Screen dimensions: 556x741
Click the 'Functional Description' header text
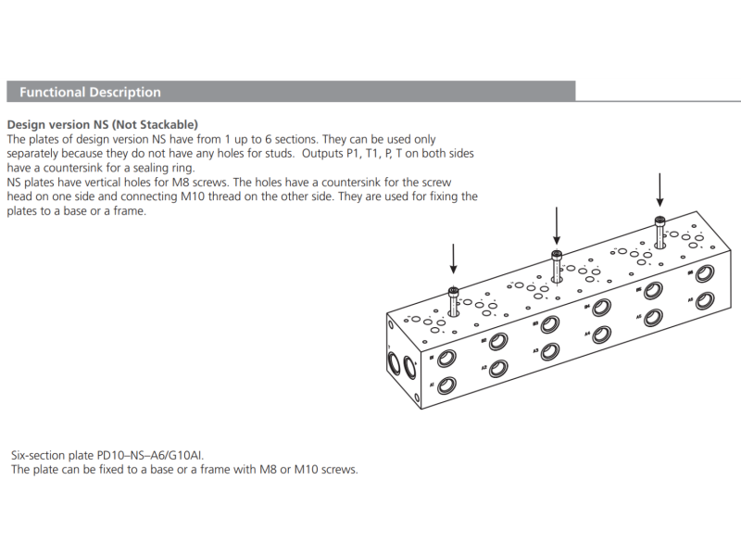click(90, 92)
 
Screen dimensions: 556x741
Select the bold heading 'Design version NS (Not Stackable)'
click(103, 124)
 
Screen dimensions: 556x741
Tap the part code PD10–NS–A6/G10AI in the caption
click(152, 456)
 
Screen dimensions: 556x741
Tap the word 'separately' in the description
click(36, 153)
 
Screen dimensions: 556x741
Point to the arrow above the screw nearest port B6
click(659, 190)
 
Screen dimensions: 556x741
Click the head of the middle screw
click(557, 255)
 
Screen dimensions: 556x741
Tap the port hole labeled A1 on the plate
click(445, 385)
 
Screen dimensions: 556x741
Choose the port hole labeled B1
click(446, 358)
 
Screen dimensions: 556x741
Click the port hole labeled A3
click(549, 351)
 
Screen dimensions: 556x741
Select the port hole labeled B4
click(601, 307)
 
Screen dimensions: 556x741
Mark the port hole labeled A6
click(705, 300)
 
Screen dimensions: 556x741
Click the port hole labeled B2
click(498, 341)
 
